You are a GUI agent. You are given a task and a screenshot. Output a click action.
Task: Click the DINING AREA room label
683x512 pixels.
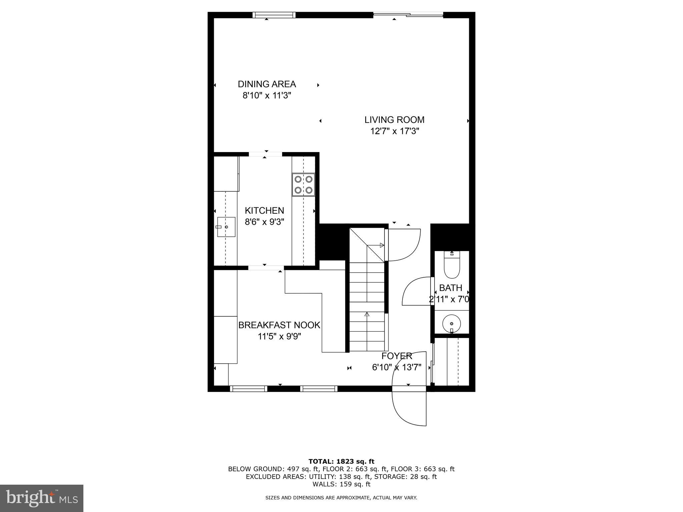(x=267, y=84)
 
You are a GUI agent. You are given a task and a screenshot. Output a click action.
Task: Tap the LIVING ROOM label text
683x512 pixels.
(x=394, y=120)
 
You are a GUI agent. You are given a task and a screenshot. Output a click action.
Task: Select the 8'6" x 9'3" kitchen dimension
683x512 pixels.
(x=264, y=222)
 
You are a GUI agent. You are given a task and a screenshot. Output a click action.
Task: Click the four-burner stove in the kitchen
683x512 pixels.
(x=303, y=184)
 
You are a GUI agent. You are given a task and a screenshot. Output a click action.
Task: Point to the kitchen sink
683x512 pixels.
(x=226, y=227)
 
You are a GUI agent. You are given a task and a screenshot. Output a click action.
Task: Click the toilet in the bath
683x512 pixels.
(x=452, y=265)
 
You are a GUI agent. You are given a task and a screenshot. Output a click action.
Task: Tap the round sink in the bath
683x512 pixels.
(x=452, y=323)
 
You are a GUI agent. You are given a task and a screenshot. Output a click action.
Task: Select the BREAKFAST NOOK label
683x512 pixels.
(x=279, y=325)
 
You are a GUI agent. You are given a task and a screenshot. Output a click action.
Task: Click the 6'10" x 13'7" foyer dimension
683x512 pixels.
(x=397, y=367)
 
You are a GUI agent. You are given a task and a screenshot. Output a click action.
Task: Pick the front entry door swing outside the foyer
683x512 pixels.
(x=409, y=408)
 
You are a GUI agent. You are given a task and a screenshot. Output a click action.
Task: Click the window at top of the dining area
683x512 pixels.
(x=274, y=15)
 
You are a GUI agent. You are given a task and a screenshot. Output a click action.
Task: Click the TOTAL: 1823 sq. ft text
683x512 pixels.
(x=341, y=461)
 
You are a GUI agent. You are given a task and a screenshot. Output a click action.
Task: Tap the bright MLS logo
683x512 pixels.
(x=41, y=498)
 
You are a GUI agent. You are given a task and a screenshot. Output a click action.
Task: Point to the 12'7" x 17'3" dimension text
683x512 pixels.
(x=395, y=131)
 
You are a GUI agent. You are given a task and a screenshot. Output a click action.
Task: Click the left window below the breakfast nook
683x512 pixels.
(x=248, y=389)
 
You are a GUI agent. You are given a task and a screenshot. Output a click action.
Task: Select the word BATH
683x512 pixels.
(x=451, y=288)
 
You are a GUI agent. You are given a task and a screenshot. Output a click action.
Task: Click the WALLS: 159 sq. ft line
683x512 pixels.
(x=341, y=484)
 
